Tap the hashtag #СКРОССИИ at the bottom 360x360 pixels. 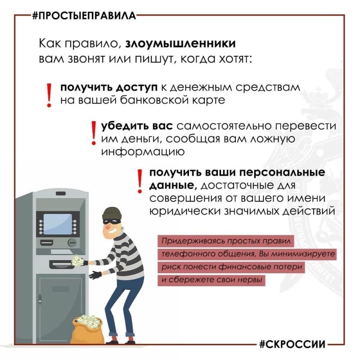(x=292, y=344)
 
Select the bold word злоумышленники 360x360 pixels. (x=180, y=44)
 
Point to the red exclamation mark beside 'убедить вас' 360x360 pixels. (x=94, y=133)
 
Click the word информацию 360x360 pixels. (x=143, y=152)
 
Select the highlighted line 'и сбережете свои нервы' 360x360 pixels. (x=211, y=280)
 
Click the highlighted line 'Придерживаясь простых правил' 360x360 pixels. (x=226, y=241)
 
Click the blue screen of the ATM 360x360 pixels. (x=58, y=224)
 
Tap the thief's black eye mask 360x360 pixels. (x=112, y=221)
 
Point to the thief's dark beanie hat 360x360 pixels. (x=112, y=213)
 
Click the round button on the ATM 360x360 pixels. (x=72, y=243)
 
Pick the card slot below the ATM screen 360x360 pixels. (x=47, y=243)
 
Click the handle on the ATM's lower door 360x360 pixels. (x=40, y=299)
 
